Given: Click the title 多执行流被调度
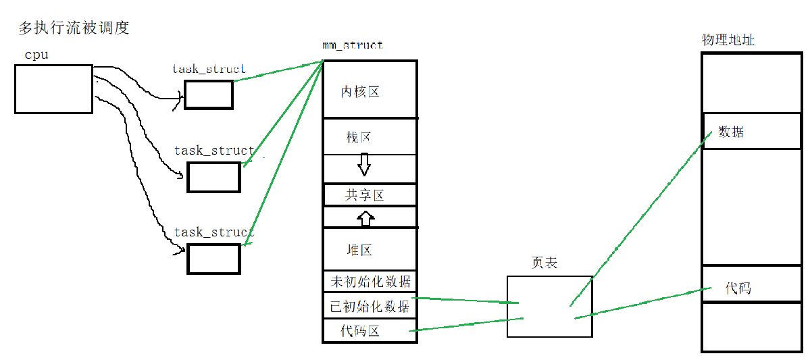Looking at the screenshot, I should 74,28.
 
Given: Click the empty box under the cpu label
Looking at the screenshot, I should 53,88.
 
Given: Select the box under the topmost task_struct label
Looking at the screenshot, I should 208,95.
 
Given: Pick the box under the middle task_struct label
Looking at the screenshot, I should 213,177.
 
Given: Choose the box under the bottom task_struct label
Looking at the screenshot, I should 213,259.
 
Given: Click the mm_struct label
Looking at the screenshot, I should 352,46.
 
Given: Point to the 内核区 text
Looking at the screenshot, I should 359,92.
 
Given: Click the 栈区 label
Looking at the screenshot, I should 359,137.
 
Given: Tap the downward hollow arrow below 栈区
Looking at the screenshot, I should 364,165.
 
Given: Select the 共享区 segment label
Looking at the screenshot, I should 365,196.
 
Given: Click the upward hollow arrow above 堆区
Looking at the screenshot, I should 365,218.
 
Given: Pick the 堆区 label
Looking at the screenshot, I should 359,250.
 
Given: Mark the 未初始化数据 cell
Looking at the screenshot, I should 370,281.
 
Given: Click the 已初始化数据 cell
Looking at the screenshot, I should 370,306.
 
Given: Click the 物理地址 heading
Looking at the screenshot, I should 728,41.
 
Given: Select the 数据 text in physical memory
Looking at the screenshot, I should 731,132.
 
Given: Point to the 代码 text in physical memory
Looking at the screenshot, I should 738,288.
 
